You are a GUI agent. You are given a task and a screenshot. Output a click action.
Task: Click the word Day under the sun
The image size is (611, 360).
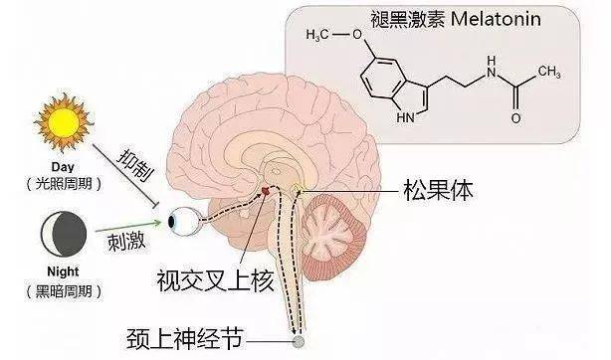coord(62,169)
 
